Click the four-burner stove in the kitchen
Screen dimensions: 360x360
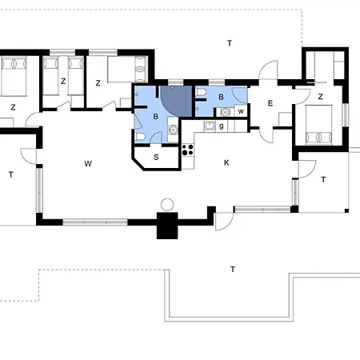point(188,150)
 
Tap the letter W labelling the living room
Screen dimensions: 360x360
point(88,163)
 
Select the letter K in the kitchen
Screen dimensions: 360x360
point(226,162)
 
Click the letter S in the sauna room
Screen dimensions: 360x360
point(156,157)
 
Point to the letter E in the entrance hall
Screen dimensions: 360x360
point(270,103)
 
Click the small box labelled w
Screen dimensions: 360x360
point(241,111)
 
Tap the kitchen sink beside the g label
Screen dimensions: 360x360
point(210,126)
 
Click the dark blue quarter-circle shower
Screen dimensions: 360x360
point(176,101)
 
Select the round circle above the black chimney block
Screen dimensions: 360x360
point(167,205)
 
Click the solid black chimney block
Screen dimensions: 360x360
point(167,226)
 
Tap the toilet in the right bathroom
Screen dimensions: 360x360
point(202,93)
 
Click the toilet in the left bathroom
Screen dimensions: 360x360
point(140,137)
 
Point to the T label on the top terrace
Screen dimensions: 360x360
point(230,43)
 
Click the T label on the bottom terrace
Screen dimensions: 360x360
point(233,270)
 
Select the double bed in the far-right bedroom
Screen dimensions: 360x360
point(319,125)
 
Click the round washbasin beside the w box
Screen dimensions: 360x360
point(226,112)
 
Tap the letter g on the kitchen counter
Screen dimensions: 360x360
point(222,126)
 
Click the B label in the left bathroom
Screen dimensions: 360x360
point(156,117)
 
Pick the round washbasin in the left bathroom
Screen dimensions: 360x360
point(174,130)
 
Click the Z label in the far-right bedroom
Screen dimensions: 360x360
point(321,97)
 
